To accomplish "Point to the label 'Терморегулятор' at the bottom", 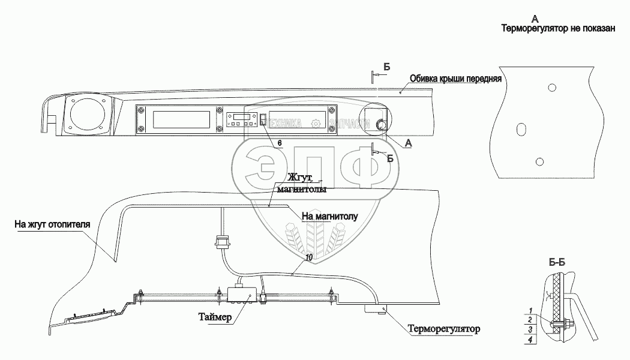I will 444,329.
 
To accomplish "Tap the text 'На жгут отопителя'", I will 52,225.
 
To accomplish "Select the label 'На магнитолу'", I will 329,216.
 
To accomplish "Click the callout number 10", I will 308,257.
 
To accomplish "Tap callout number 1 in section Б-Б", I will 530,310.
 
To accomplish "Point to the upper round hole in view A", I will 551,87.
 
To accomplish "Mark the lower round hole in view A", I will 539,161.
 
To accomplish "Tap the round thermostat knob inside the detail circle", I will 380,124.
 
